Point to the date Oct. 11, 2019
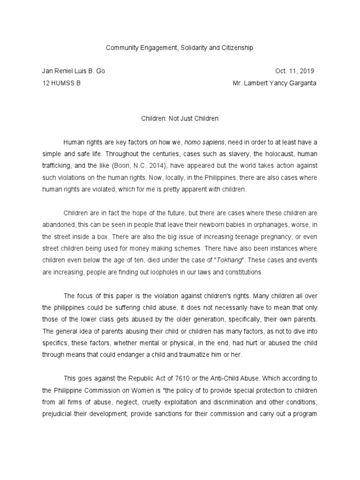(294, 71)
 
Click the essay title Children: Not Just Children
(180, 119)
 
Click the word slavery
(224, 154)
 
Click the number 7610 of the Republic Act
(166, 378)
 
